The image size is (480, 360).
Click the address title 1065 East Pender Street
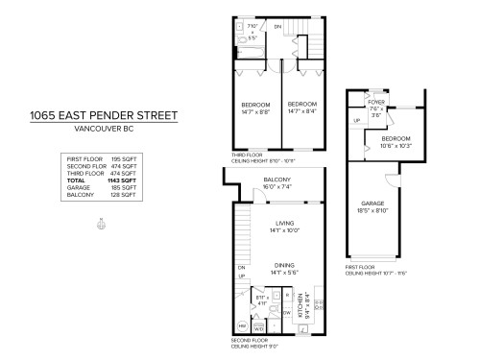coord(103,116)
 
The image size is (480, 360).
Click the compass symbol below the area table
coord(101,226)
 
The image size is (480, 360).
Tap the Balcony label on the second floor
coord(277,180)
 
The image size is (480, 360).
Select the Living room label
coord(285,224)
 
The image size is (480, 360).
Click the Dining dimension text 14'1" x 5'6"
coord(285,273)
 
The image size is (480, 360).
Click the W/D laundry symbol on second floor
coord(258,328)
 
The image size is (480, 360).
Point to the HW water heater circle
coord(241,326)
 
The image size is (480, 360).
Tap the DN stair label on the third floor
coord(278,27)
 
